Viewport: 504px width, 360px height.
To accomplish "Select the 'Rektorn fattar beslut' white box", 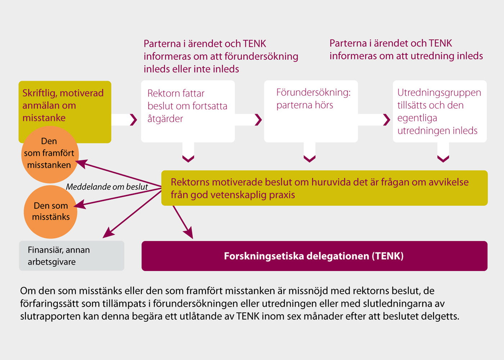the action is click(188, 111).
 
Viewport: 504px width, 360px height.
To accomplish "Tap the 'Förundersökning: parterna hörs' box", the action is click(311, 111).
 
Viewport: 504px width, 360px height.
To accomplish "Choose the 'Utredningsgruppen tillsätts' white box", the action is click(440, 111).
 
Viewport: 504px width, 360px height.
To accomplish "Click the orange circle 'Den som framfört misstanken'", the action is click(50, 154).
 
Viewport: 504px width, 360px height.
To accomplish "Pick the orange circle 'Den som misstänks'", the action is click(50, 212).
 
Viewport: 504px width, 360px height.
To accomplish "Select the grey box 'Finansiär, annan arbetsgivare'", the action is click(72, 256).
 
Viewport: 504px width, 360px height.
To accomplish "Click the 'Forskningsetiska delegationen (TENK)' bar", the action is click(314, 256).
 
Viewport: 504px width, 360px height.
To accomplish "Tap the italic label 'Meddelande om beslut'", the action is click(107, 187).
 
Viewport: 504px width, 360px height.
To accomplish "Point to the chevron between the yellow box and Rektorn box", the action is click(134, 120).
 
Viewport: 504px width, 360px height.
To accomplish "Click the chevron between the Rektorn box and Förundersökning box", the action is click(258, 120).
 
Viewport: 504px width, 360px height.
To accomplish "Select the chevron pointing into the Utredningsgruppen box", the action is click(387, 120).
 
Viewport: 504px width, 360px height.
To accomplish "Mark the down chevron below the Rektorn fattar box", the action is click(188, 159).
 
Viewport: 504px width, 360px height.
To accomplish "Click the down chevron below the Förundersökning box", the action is click(310, 159).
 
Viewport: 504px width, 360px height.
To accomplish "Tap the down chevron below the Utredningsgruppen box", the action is click(443, 159).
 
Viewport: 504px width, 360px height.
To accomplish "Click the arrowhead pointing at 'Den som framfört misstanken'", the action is click(81, 163).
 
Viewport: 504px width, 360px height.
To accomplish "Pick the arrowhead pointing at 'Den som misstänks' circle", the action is click(80, 204).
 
